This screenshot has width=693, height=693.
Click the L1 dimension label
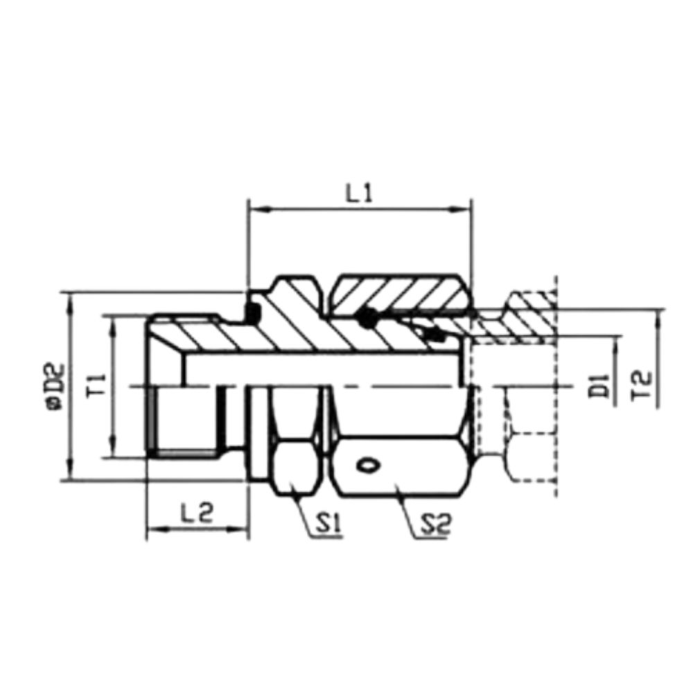(x=360, y=194)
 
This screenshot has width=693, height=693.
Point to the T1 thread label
(x=96, y=386)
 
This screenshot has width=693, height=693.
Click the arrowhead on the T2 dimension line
(x=657, y=315)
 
